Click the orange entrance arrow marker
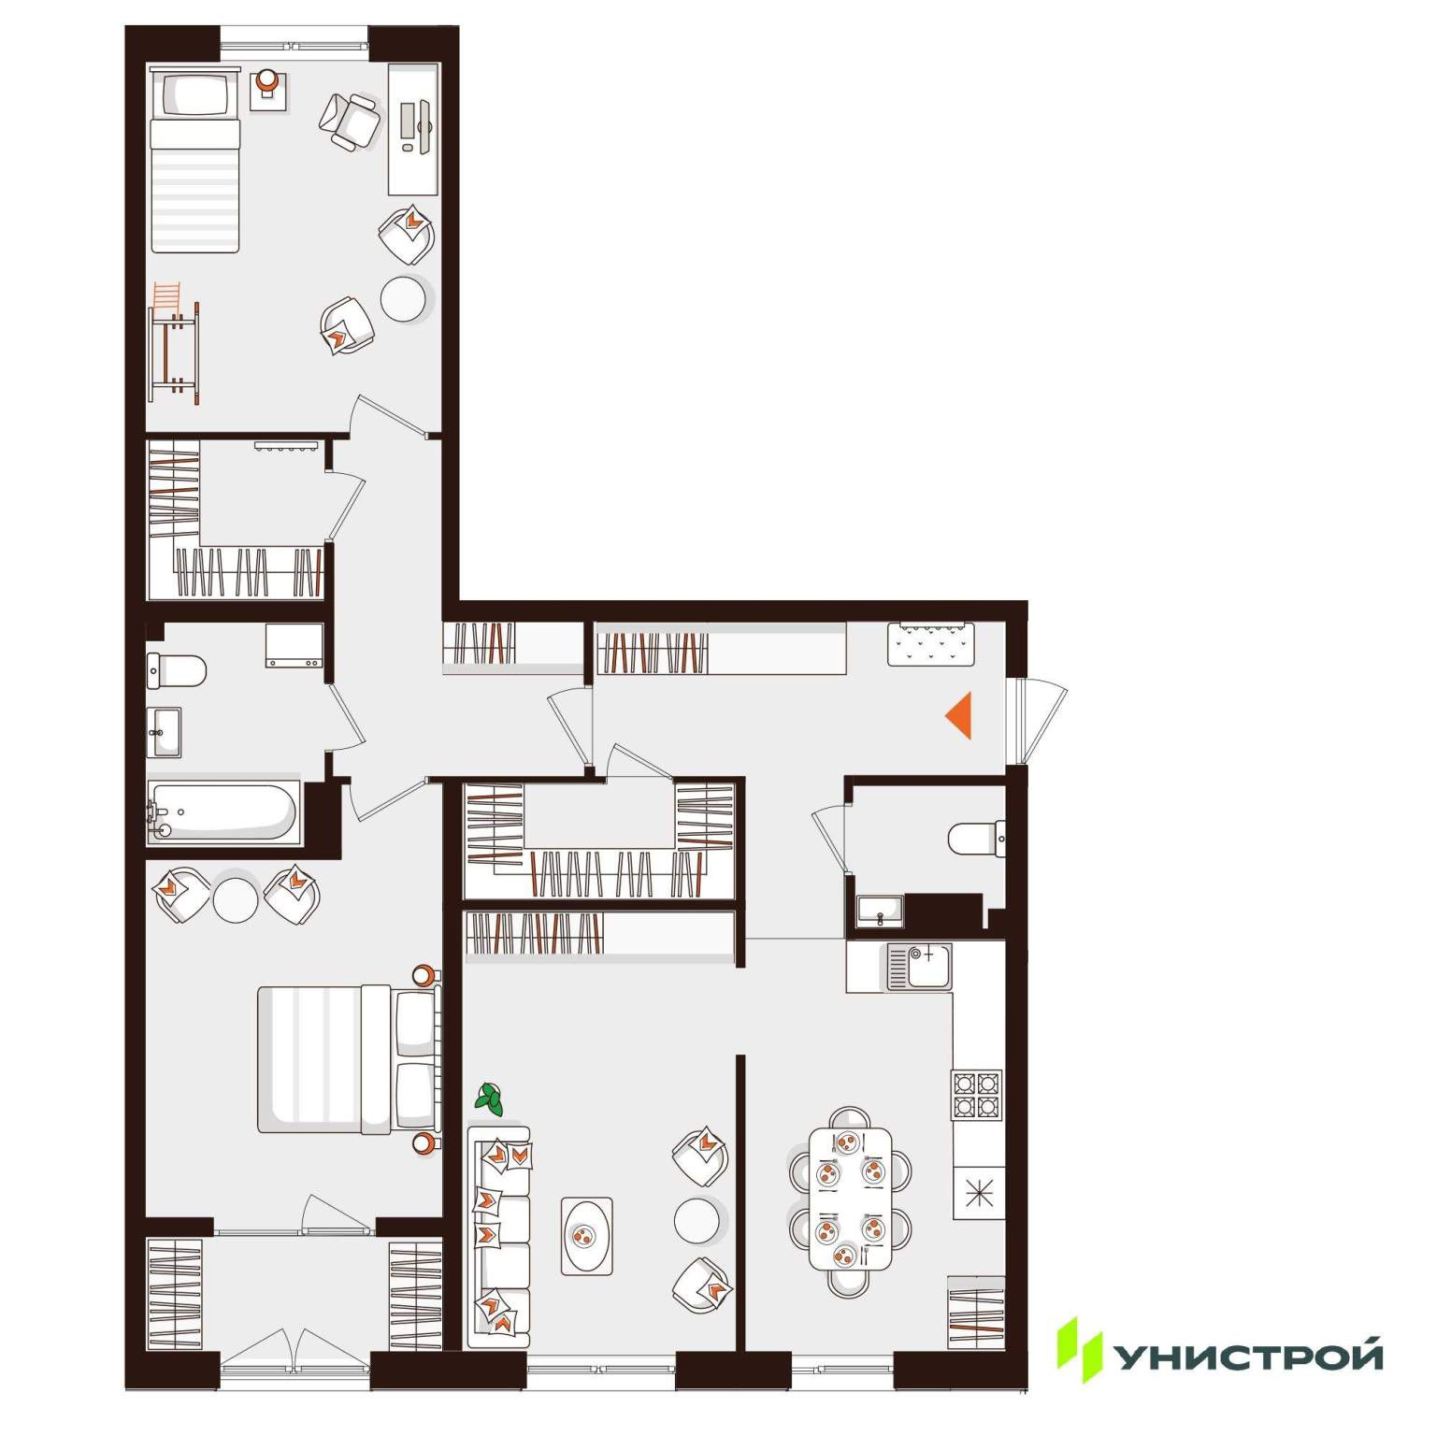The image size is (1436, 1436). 961,716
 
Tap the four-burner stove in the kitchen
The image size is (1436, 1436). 977,1095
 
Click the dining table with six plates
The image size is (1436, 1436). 850,1198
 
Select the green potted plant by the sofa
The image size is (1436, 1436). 489,1099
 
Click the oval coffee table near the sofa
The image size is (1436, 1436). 587,1235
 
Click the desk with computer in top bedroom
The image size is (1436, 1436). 413,129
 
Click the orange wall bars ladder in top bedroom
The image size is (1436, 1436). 175,342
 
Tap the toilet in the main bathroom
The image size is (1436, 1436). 177,669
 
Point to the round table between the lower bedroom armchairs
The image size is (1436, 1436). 235,900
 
